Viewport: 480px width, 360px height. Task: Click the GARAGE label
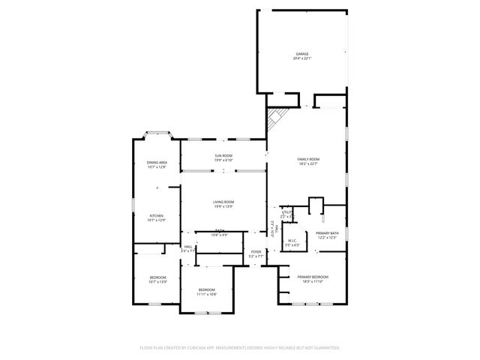click(x=302, y=54)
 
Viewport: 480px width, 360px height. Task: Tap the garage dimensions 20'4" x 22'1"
click(x=302, y=58)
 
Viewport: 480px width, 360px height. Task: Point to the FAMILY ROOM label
click(x=308, y=159)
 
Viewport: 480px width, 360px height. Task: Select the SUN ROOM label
click(x=223, y=156)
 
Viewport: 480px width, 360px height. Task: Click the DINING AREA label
click(x=157, y=163)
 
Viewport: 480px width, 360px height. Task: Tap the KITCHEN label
click(x=156, y=216)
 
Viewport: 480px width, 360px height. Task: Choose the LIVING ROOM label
click(x=223, y=202)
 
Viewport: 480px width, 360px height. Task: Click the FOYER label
click(x=256, y=252)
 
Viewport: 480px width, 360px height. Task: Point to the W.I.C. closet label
click(x=292, y=241)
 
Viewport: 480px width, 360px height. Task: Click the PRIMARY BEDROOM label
click(x=313, y=277)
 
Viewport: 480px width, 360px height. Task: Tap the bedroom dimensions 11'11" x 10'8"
click(x=206, y=294)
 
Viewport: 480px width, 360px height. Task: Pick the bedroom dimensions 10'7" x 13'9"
click(x=157, y=282)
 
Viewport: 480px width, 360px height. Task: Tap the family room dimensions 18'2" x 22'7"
click(x=308, y=163)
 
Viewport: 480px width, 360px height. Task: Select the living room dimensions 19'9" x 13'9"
click(x=223, y=206)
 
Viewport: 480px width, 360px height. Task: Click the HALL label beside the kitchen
click(x=188, y=247)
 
